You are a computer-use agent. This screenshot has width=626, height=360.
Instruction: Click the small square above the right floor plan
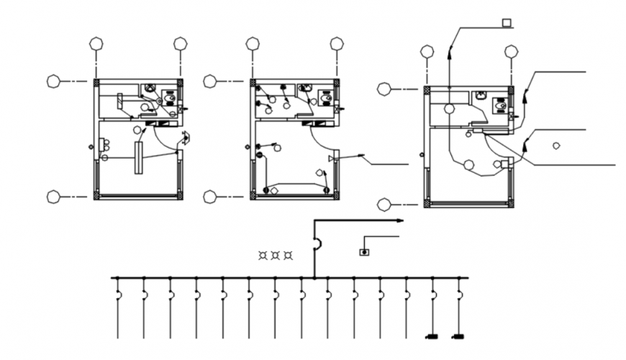tap(507, 23)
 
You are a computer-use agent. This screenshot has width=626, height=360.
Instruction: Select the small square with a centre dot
tap(364, 252)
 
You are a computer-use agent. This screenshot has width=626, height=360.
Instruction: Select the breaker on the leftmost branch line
tap(119, 295)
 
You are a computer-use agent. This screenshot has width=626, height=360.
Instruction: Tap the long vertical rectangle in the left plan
tap(137, 157)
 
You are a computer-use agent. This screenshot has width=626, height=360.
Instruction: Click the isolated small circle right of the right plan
tap(556, 145)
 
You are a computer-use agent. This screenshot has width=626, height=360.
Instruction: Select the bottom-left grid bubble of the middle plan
tap(210, 196)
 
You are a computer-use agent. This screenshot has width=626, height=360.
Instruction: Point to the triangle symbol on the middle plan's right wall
tap(332, 157)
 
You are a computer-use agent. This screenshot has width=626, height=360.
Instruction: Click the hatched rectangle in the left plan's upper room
tap(119, 102)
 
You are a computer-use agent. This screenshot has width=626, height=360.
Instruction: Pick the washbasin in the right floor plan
tap(479, 94)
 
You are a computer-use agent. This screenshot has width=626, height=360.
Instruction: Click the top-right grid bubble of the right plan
tap(512, 51)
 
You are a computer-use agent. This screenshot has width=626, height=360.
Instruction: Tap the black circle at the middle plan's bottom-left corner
tap(266, 190)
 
